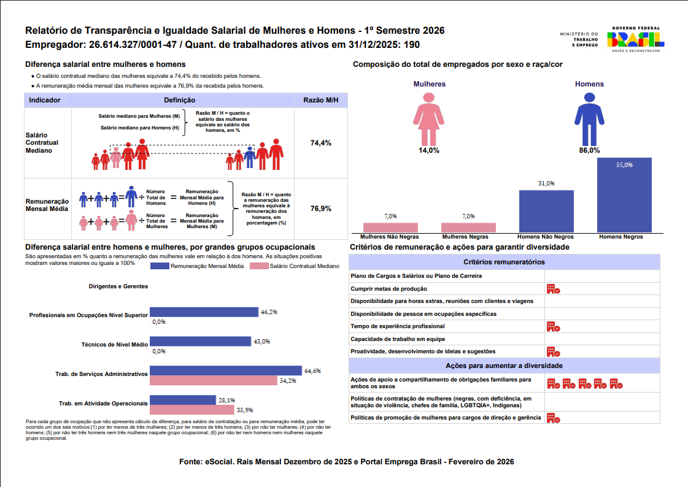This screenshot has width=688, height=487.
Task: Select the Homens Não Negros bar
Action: tap(546, 211)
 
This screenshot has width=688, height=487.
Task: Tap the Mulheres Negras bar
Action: tap(468, 228)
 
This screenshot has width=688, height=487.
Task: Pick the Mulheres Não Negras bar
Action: tap(390, 228)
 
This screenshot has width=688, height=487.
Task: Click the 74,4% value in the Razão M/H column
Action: tap(321, 143)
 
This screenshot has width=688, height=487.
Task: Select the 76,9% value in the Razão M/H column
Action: tap(321, 209)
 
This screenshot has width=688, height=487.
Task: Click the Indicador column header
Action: tap(44, 100)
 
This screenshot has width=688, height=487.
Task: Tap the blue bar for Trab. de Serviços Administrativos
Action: tap(226, 370)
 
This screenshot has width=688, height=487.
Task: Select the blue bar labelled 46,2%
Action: tap(204, 312)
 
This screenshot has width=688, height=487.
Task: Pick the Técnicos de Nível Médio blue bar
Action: tap(200, 342)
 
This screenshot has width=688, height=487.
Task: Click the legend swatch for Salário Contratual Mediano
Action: tap(259, 266)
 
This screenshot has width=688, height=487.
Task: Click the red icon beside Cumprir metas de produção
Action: tap(554, 289)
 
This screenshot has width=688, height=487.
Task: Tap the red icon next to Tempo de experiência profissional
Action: tap(554, 326)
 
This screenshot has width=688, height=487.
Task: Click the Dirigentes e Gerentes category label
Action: tap(118, 286)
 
